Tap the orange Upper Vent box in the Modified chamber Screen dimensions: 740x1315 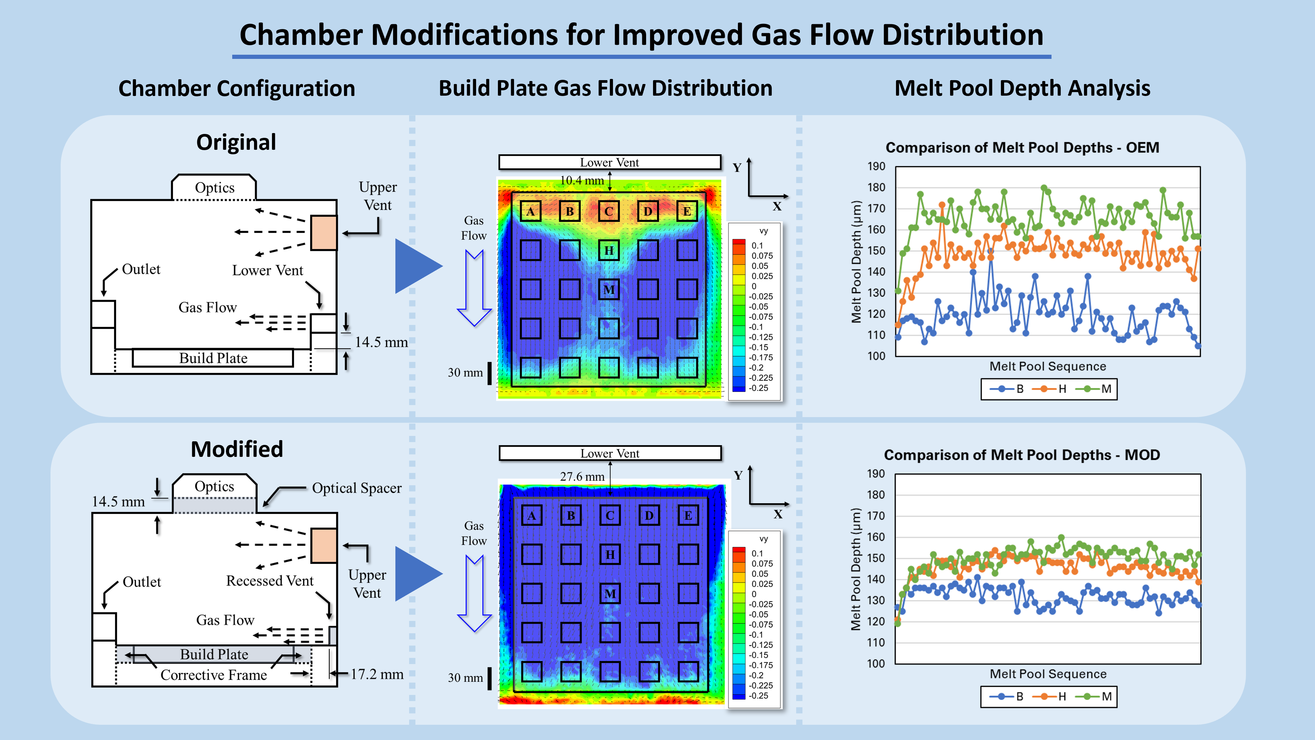[324, 545]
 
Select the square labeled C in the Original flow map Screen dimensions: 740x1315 [608, 211]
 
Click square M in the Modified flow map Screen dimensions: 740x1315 [610, 593]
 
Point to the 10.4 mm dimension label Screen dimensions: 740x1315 [581, 180]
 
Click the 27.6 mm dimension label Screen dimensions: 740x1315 [582, 477]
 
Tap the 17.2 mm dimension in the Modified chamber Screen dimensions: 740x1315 [377, 674]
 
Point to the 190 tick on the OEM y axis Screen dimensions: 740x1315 [876, 167]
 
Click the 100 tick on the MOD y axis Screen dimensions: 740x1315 [876, 663]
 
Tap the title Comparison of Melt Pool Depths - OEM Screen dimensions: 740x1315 [1022, 148]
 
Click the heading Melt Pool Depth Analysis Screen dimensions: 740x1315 [1022, 88]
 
